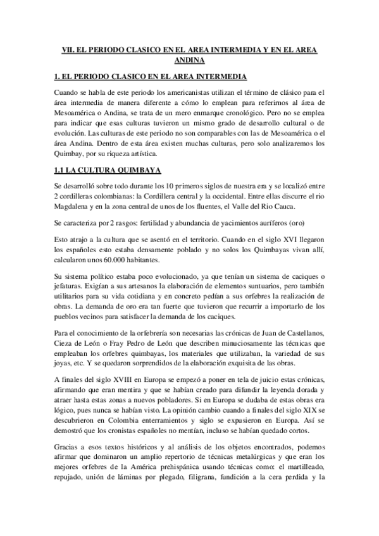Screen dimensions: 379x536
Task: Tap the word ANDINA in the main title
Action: [x=189, y=60]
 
